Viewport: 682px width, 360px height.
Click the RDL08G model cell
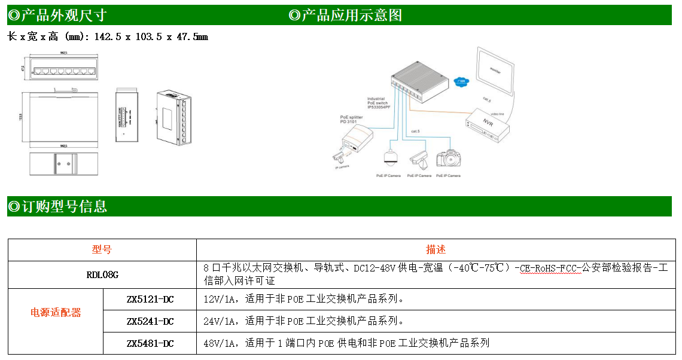(102, 275)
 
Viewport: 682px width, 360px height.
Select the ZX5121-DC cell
(150, 298)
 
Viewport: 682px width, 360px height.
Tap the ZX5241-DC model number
(150, 321)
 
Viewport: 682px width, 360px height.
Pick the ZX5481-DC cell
(150, 343)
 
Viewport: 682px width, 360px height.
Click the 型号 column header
(102, 249)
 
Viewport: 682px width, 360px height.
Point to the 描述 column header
(436, 249)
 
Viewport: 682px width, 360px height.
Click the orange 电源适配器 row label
(56, 312)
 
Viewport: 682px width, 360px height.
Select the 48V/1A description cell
(346, 343)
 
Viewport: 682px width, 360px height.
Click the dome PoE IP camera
(390, 157)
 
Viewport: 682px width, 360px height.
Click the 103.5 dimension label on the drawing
(21, 117)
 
